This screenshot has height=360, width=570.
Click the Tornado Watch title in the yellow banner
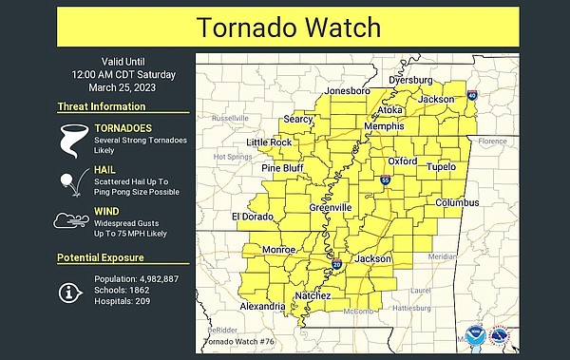285,27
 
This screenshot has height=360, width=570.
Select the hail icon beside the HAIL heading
69,180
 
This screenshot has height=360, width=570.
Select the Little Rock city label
269,142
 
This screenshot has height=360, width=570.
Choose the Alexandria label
262,307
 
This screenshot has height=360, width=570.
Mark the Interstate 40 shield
472,97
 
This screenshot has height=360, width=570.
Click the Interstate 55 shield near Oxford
385,179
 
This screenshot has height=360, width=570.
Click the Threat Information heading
102,107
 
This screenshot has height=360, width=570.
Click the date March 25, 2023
101,88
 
